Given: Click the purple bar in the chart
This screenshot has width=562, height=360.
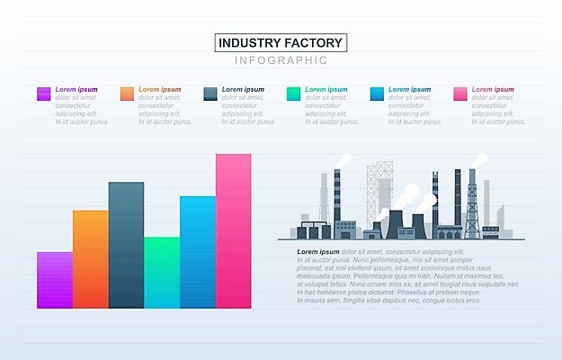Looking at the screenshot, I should [x=54, y=280].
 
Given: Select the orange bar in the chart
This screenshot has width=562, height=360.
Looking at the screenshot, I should [x=90, y=259].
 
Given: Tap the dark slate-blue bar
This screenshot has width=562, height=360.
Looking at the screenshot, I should [x=126, y=245].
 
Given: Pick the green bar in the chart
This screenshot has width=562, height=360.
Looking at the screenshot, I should [x=162, y=273].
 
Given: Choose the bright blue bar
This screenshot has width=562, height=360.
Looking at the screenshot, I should [x=198, y=252].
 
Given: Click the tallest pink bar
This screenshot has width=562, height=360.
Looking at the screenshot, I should [x=234, y=231].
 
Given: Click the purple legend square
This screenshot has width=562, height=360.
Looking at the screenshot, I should [x=43, y=94].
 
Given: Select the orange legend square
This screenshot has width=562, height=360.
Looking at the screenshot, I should [x=127, y=94].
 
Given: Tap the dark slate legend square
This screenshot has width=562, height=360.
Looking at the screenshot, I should [x=210, y=94].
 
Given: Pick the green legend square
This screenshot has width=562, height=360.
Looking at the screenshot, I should [x=294, y=94].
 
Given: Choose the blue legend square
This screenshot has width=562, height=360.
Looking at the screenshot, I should [x=378, y=94].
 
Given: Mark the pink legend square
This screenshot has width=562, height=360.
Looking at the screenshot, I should [x=460, y=94].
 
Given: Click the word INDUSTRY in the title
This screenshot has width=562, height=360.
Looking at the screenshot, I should [x=252, y=42].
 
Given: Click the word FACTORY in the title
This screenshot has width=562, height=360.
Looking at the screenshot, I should [x=314, y=42].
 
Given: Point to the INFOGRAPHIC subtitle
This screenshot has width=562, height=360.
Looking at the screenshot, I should [x=281, y=60].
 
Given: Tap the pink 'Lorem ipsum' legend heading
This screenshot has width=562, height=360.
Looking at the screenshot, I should [x=493, y=89].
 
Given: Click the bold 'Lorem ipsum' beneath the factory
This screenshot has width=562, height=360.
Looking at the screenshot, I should [x=318, y=251].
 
